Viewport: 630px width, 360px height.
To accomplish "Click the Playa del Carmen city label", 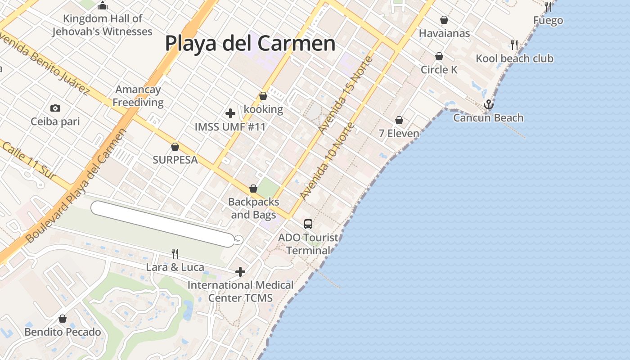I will click(250, 44).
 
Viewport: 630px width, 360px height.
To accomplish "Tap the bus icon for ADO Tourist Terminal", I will click(308, 224).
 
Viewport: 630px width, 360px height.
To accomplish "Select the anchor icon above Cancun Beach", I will click(488, 105).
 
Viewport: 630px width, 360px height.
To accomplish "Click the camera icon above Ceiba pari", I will click(55, 108).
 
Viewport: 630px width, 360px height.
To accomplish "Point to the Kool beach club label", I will click(514, 58).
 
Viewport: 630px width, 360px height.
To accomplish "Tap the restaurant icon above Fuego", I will click(548, 7).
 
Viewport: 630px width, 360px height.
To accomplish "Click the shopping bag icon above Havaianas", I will click(444, 20).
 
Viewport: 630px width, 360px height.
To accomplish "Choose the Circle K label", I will click(439, 70).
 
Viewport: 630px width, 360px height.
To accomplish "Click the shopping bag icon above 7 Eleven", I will click(399, 120).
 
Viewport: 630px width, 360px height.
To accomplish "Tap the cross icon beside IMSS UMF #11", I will click(230, 113).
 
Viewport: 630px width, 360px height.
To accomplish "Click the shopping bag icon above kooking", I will click(263, 96).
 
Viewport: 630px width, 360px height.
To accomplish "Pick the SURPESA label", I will click(175, 160).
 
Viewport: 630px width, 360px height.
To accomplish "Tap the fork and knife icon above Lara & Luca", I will click(175, 254).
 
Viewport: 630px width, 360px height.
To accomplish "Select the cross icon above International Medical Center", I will click(240, 272).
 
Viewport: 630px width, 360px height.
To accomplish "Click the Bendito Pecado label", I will click(63, 332).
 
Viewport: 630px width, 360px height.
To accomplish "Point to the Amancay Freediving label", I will click(138, 96).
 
